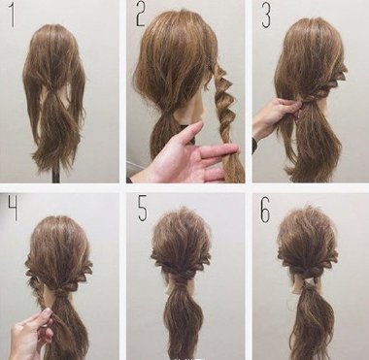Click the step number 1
tap(13, 15)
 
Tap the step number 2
tap(141, 14)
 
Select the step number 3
tap(266, 15)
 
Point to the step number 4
tap(13, 209)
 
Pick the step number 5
tap(143, 209)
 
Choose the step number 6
tap(265, 209)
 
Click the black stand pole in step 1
tap(56, 175)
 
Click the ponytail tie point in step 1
tap(51, 89)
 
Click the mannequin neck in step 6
tap(307, 284)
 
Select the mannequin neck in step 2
tap(196, 107)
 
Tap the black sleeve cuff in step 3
tap(254, 146)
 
